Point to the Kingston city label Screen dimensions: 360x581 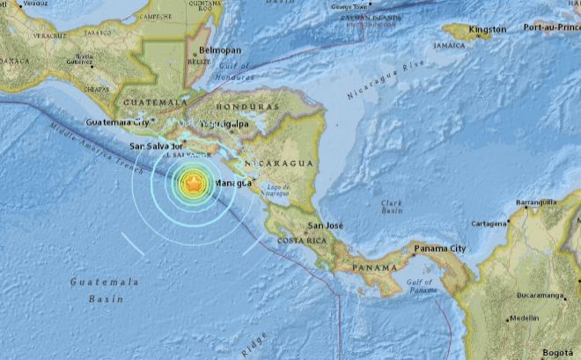click(x=488, y=29)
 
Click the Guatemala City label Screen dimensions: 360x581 click(x=117, y=122)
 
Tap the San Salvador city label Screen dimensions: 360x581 click(x=156, y=145)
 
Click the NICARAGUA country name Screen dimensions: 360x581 click(x=279, y=165)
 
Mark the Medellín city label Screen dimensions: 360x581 click(x=525, y=318)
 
